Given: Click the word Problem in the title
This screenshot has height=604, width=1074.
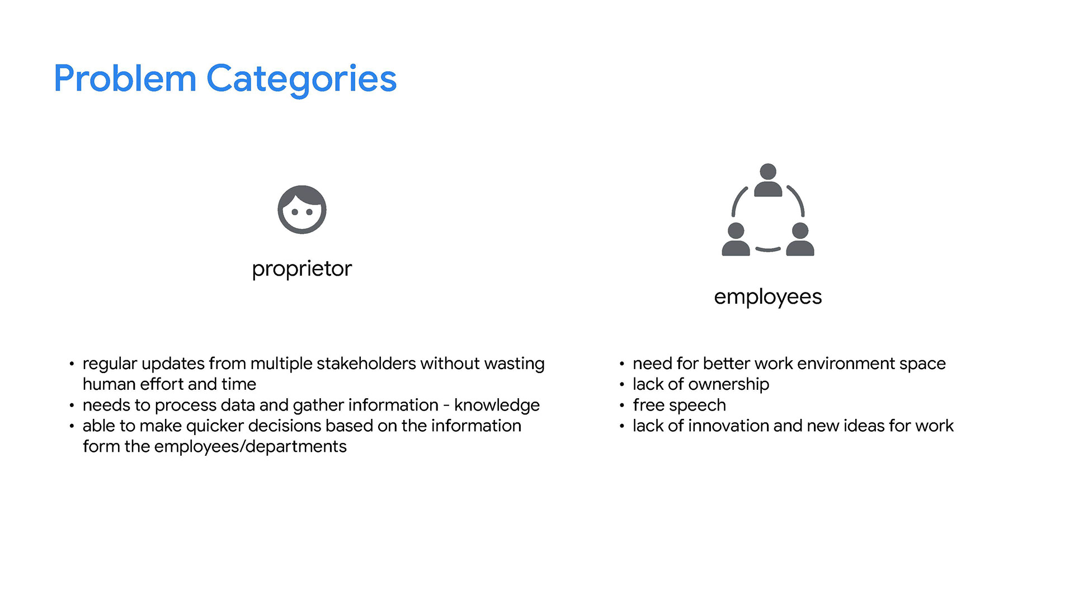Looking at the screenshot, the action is click(x=125, y=78).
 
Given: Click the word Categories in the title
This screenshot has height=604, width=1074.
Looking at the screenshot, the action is click(x=302, y=79).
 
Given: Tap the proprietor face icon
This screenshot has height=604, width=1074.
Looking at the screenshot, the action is click(x=302, y=210).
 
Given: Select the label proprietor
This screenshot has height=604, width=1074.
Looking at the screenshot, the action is click(x=302, y=270).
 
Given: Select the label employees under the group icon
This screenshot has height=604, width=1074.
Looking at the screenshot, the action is click(x=768, y=298).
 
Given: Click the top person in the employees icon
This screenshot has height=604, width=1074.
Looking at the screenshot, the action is click(x=768, y=180).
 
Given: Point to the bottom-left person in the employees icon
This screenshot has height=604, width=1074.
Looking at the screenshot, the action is click(x=736, y=239).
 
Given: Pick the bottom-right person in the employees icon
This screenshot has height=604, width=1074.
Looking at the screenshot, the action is click(x=800, y=239).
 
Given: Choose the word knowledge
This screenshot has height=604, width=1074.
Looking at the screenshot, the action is click(x=497, y=405).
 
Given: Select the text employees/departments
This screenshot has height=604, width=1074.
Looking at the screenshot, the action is click(x=251, y=447).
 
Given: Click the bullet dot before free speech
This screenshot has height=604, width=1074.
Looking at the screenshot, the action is click(x=621, y=405).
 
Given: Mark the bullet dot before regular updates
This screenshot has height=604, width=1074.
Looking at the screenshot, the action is click(x=72, y=364).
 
